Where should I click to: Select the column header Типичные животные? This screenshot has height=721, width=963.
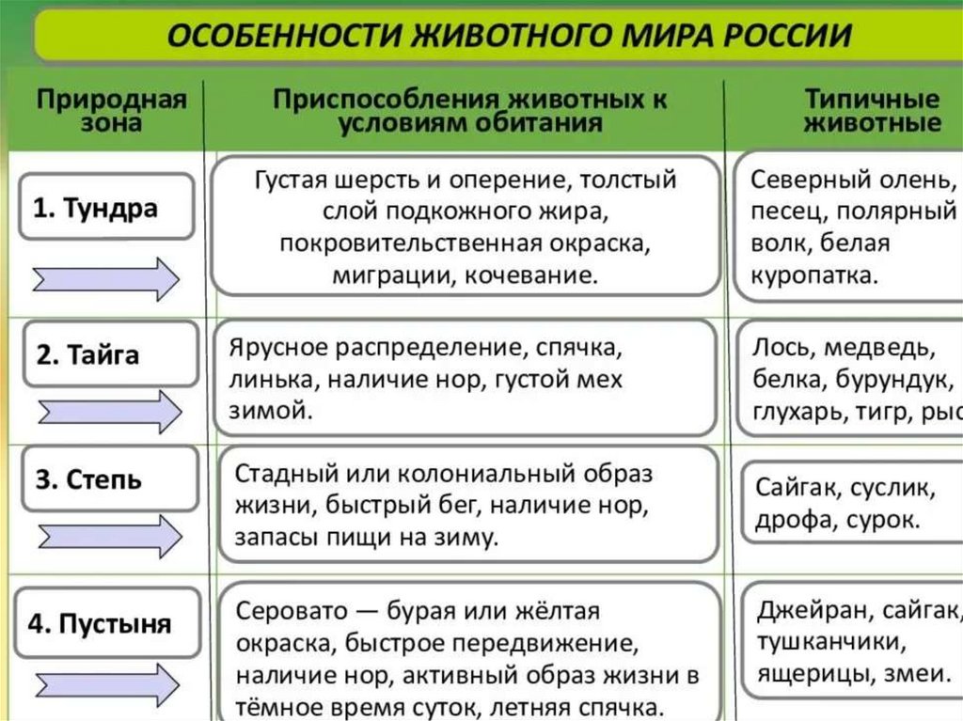coord(872,111)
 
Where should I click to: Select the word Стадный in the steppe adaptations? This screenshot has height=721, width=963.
coord(279,474)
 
